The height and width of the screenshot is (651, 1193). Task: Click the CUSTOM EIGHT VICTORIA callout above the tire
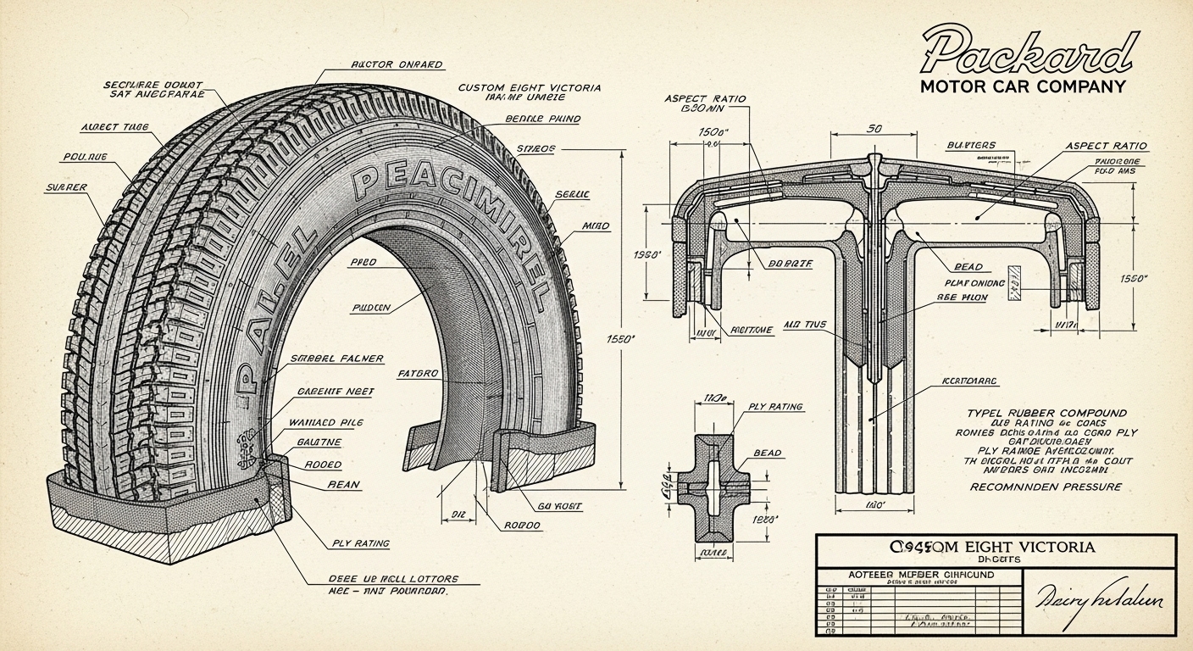pos(530,87)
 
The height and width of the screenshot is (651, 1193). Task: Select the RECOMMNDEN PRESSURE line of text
pos(1044,487)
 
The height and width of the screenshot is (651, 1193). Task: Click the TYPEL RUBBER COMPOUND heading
pos(1047,413)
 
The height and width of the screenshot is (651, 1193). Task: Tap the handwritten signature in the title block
pos(1099,598)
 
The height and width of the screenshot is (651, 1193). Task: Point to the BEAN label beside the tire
pos(343,485)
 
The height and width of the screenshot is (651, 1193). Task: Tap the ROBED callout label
pos(322,465)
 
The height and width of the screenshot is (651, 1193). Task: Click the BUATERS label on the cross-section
pos(973,146)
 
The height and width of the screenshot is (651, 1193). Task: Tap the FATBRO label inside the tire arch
pos(418,373)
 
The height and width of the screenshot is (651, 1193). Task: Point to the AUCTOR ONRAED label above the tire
pos(397,64)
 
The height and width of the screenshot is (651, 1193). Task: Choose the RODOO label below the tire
pos(522,525)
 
